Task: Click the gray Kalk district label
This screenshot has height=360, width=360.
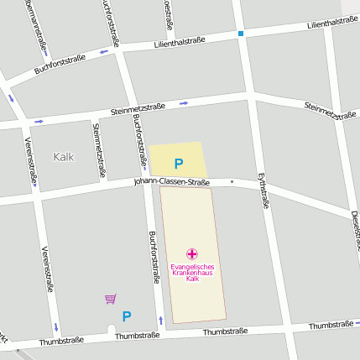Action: [x=64, y=156]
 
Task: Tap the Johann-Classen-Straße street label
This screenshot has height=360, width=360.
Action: [x=170, y=181]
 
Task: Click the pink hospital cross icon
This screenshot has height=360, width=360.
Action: [x=191, y=253]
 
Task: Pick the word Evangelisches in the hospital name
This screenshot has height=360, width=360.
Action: [x=191, y=267]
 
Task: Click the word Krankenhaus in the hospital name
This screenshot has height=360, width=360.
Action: [x=191, y=273]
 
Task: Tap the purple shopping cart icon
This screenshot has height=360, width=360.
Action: [x=110, y=299]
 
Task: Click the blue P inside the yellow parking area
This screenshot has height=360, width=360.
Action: [x=178, y=164]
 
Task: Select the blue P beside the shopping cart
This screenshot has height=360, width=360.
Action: [x=127, y=316]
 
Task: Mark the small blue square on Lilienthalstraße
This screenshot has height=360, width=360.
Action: [x=241, y=34]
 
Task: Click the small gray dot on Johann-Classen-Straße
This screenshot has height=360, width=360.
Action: [x=232, y=180]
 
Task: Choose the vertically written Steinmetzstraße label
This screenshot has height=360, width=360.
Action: [x=99, y=150]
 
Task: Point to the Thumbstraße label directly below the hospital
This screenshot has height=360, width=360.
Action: [x=225, y=331]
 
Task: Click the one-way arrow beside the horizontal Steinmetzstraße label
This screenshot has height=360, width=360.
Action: [x=184, y=103]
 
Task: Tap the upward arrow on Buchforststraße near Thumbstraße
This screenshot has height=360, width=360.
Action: [x=161, y=320]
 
